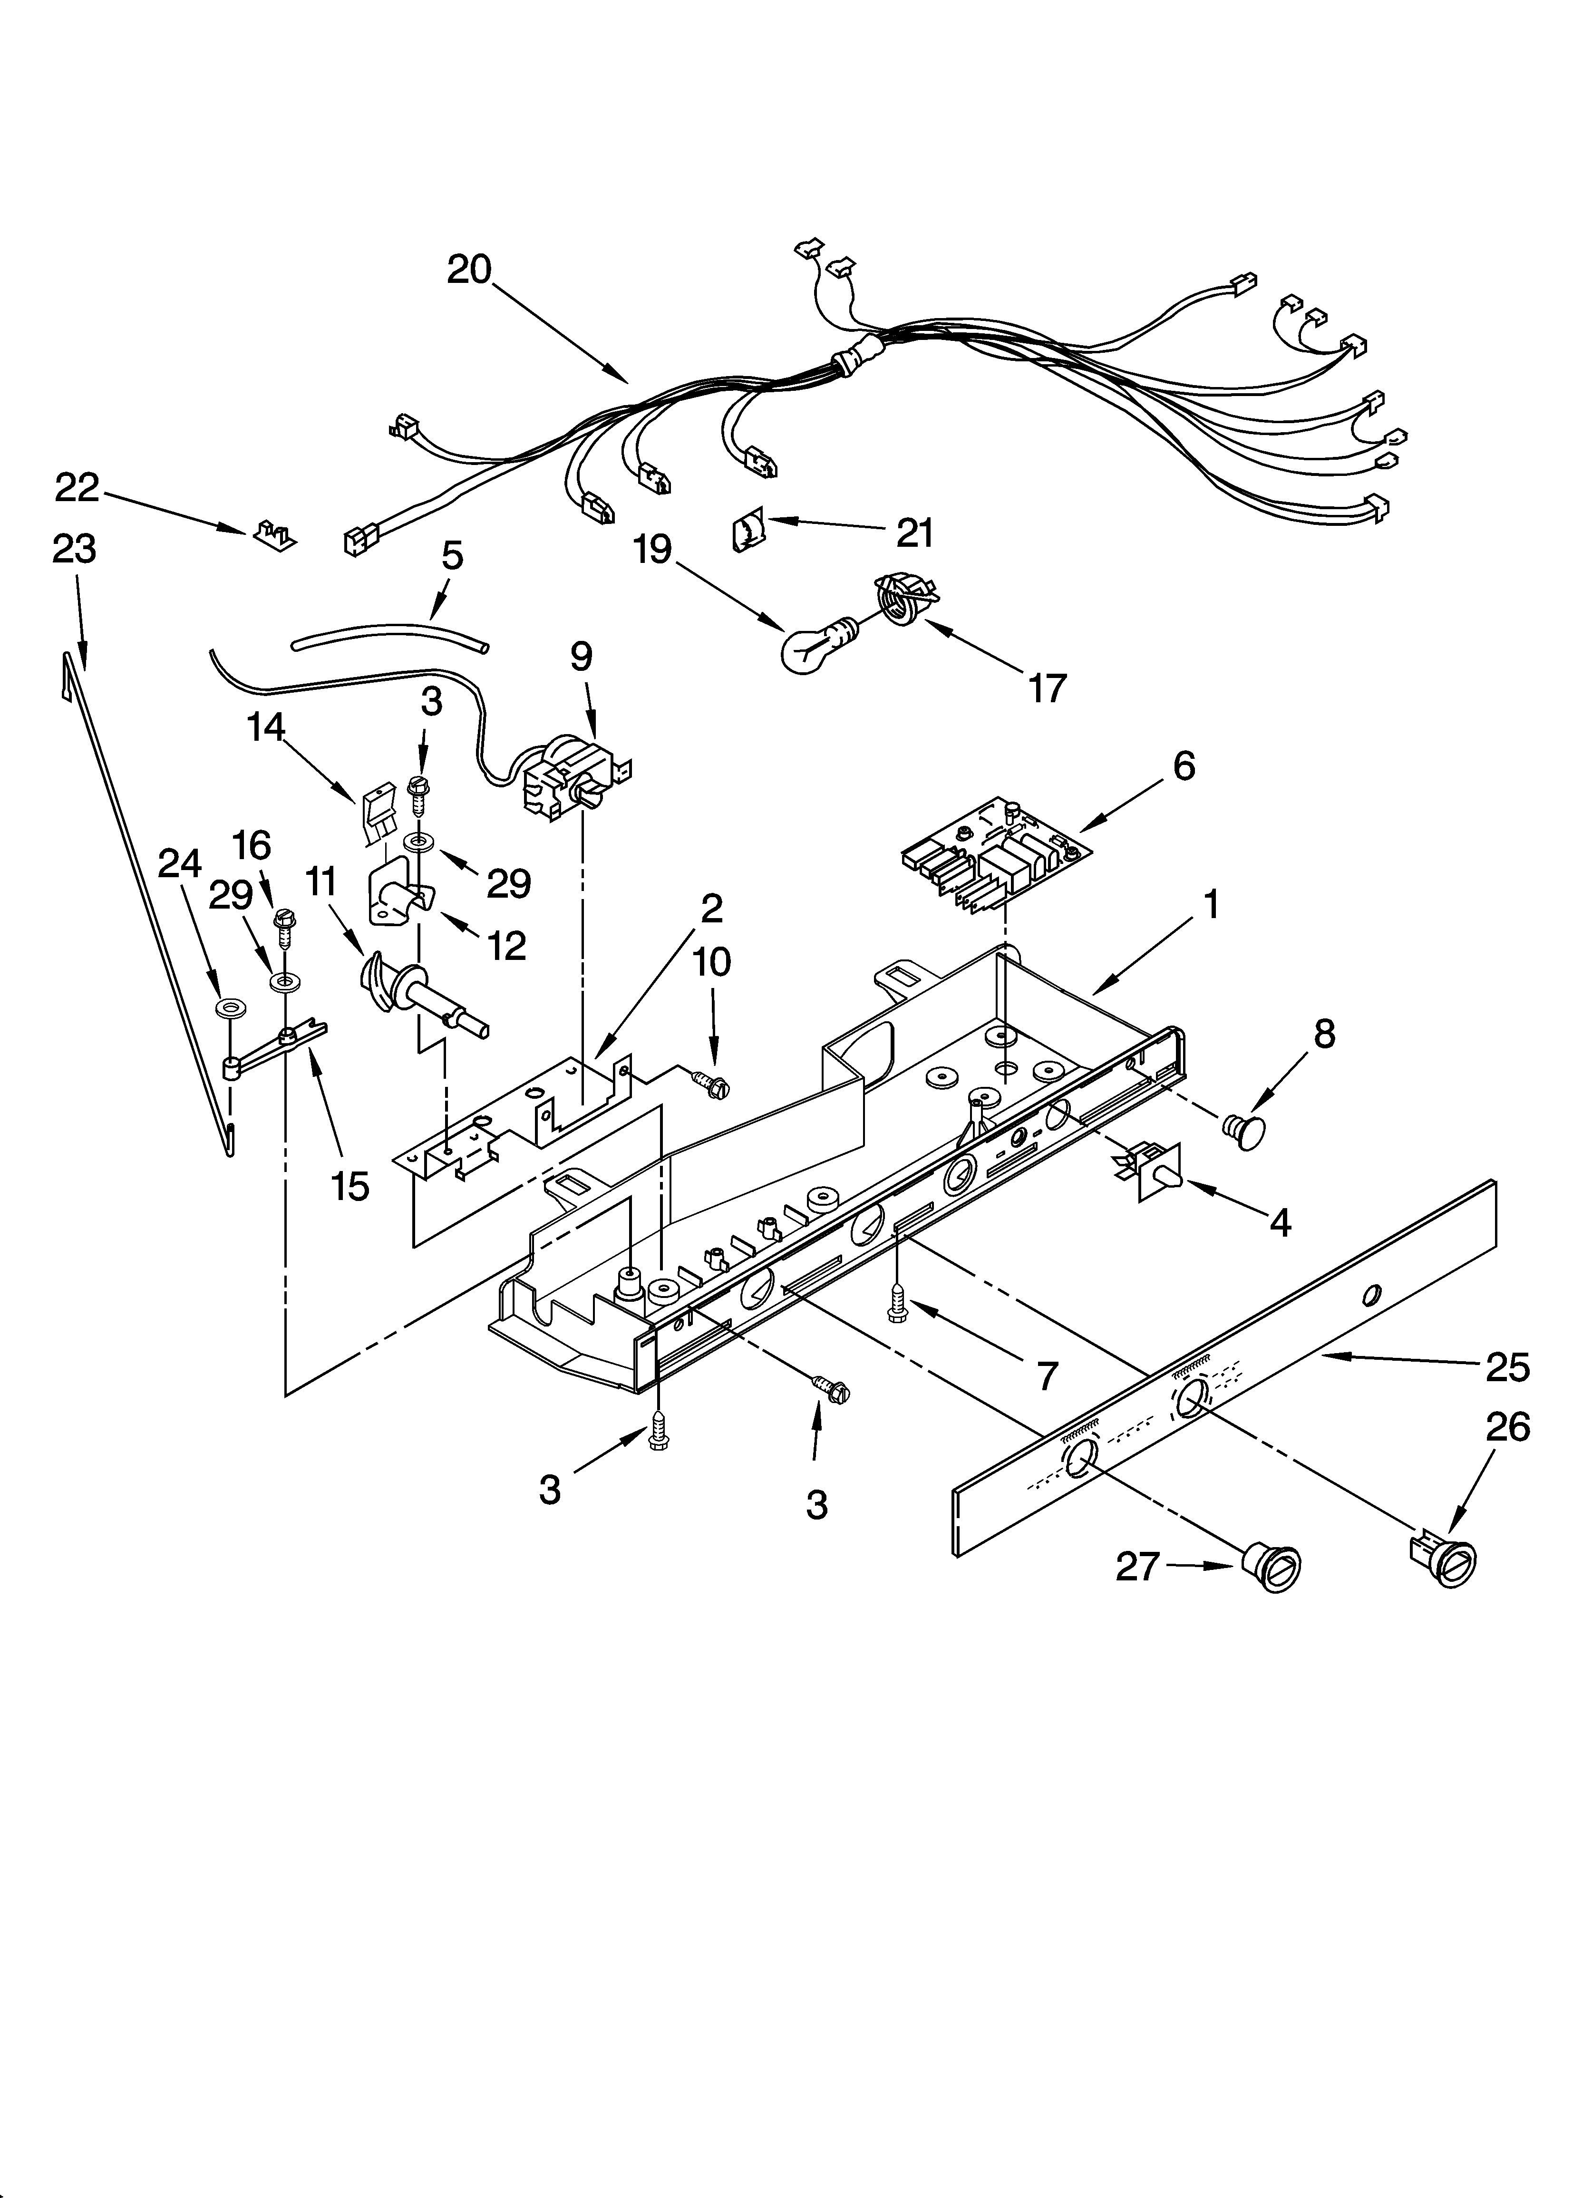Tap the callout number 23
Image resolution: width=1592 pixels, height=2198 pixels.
coord(75,550)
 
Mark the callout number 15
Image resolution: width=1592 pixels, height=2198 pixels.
coord(349,1185)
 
